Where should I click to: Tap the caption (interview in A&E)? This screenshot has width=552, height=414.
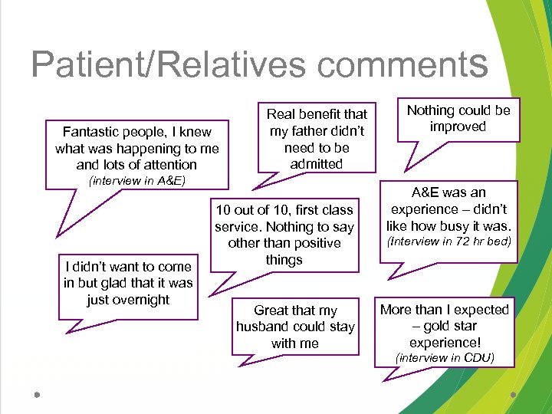137,181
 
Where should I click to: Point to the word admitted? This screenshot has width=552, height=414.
317,164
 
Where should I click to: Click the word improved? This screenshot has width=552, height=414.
458,127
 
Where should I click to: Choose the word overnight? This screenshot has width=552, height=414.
128,300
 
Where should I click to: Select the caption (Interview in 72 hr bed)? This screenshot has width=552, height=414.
449,242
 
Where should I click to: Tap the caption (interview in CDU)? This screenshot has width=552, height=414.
445,357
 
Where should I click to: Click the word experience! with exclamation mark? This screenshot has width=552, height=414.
445,342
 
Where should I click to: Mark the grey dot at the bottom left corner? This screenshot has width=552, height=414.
36,395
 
